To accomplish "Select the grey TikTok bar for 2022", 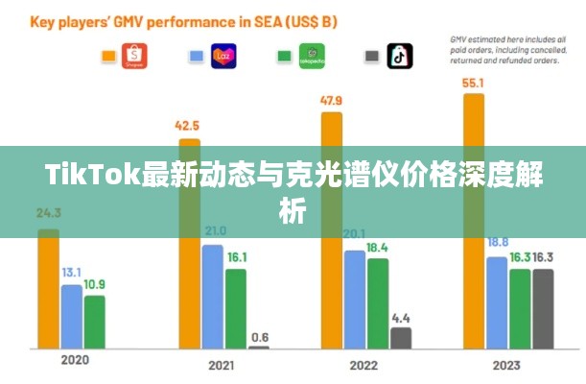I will click(x=401, y=338).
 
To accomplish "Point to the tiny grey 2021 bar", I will click(x=259, y=347).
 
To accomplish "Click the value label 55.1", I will click(x=474, y=84).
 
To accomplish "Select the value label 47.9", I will click(x=332, y=101).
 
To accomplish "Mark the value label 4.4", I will click(x=401, y=317).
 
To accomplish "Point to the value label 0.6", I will click(x=259, y=336).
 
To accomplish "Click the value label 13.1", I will click(x=72, y=274).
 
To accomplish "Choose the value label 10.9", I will click(x=95, y=284).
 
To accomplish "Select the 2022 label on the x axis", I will click(x=363, y=365).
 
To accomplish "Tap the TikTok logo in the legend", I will click(x=399, y=56).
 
